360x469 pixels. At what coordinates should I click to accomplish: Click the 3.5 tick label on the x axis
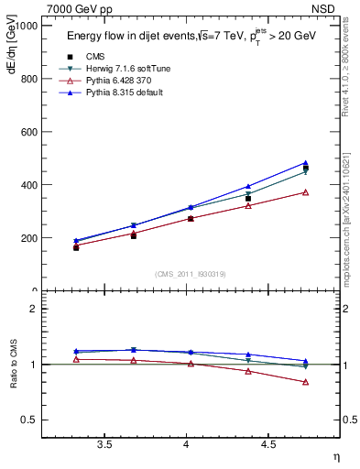[105, 444]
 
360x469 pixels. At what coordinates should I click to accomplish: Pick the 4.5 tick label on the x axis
[268, 444]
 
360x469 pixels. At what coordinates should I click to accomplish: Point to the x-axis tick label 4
[187, 444]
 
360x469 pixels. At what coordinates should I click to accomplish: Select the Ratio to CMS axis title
[14, 365]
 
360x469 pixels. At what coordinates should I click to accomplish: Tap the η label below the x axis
[334, 455]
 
